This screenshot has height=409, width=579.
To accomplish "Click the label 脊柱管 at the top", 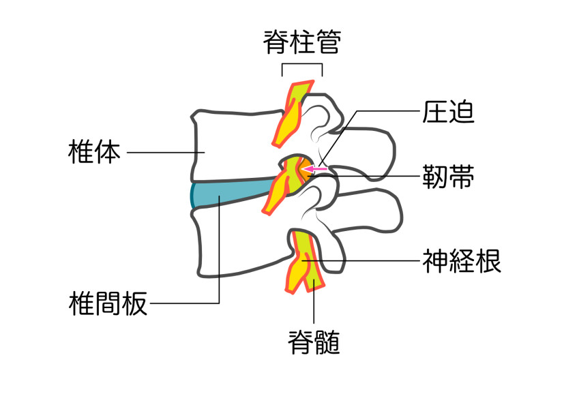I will pyautogui.click(x=301, y=42).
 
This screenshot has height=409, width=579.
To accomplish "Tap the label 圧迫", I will pyautogui.click(x=449, y=112).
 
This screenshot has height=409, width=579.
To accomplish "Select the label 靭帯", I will pyautogui.click(x=449, y=176).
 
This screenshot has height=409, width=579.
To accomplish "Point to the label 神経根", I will pyautogui.click(x=462, y=260).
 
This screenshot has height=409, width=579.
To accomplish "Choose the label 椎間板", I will pyautogui.click(x=108, y=303).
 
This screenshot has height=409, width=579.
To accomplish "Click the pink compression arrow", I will pyautogui.click(x=315, y=168).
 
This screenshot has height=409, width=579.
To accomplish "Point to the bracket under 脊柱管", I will pyautogui.click(x=301, y=66).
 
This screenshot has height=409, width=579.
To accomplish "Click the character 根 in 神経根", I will pyautogui.click(x=488, y=260).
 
